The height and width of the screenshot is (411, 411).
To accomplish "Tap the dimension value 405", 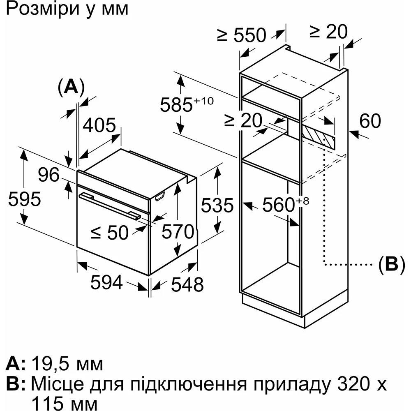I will (99, 125).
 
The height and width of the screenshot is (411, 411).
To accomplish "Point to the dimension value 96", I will (49, 176).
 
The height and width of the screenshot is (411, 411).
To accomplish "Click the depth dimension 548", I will (187, 284).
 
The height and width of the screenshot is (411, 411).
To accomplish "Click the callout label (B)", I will (388, 264).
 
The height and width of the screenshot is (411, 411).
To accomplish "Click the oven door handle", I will (109, 204).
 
